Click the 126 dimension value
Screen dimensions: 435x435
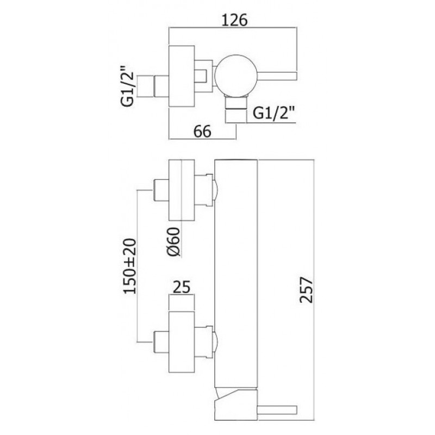(234, 20)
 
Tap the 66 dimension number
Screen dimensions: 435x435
(202, 131)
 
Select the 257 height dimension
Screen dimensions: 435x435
(307, 290)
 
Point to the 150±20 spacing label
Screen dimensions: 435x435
(130, 266)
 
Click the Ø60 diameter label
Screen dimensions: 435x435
(173, 241)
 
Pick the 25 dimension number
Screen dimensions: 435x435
(182, 287)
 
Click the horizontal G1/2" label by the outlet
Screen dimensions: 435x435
(274, 114)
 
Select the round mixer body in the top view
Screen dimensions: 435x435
(235, 76)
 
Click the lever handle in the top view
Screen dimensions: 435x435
(277, 76)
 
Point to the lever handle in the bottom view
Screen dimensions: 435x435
(277, 409)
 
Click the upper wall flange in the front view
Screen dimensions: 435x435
(182, 190)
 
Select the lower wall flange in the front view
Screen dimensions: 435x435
(182, 341)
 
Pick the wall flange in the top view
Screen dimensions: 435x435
(182, 76)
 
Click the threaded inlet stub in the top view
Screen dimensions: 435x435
(161, 86)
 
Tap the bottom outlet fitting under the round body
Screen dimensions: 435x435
(236, 109)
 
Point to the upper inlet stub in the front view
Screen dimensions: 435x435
(161, 190)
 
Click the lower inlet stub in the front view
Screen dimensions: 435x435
(161, 341)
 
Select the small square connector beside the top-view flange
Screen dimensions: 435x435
(203, 76)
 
